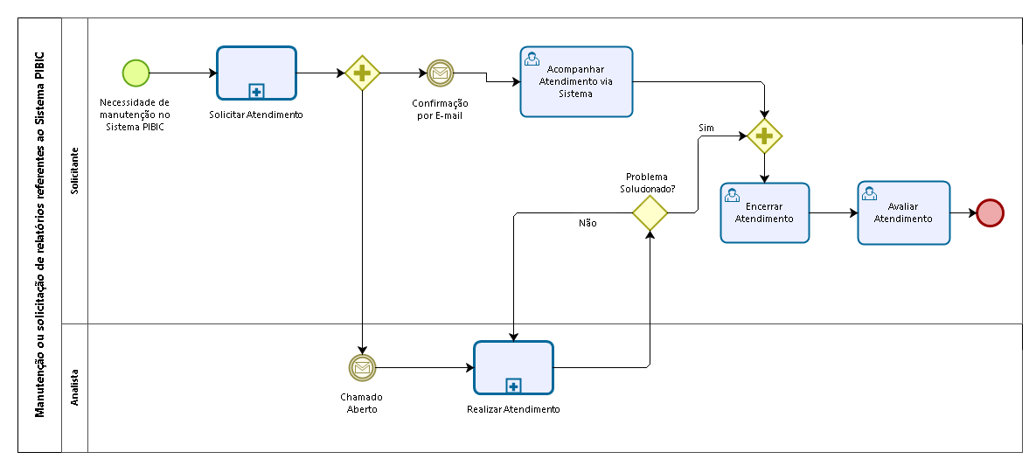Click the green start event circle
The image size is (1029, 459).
click(x=136, y=73)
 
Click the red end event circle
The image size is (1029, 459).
click(x=990, y=213)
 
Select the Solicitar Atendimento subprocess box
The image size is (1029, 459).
click(x=256, y=73)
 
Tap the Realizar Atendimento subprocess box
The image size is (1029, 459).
click(x=513, y=368)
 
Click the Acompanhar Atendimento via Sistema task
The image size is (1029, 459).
click(x=576, y=81)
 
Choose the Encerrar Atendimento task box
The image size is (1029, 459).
click(x=764, y=212)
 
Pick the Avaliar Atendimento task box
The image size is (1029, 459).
click(x=904, y=212)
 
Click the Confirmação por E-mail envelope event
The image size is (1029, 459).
click(x=440, y=73)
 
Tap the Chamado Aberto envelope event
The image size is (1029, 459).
click(x=362, y=368)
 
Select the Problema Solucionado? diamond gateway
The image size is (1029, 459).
click(x=650, y=212)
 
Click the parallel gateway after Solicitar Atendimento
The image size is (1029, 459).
click(x=362, y=73)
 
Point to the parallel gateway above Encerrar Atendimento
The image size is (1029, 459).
click(x=764, y=136)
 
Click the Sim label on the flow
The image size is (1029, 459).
click(x=706, y=128)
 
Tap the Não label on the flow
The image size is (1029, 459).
click(x=588, y=223)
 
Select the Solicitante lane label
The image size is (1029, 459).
click(x=74, y=170)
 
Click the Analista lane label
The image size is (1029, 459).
click(x=74, y=386)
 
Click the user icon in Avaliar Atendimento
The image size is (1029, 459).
click(x=870, y=193)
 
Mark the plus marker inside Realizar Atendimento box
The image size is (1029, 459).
click(x=513, y=387)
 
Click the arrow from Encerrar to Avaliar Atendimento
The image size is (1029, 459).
click(x=833, y=213)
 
